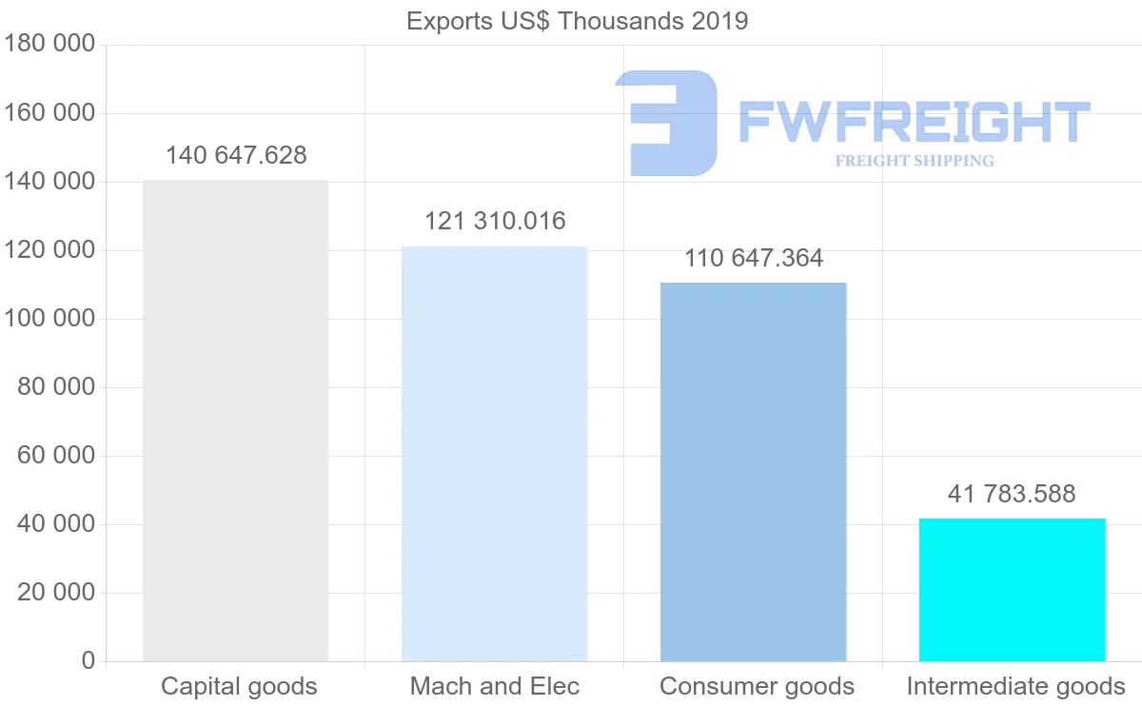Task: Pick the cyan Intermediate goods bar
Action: point(1012,590)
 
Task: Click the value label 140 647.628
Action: point(236,155)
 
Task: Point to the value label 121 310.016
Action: point(495,222)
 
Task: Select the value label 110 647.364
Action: point(754,258)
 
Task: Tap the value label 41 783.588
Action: point(1012,494)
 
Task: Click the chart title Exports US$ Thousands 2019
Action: point(578,21)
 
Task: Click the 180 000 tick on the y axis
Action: point(50,45)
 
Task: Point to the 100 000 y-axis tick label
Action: point(50,319)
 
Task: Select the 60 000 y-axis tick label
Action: point(57,456)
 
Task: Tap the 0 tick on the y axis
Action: point(89,661)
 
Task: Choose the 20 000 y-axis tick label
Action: point(57,593)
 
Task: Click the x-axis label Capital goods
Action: point(239,686)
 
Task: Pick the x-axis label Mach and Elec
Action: point(495,686)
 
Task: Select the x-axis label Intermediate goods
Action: point(1015,686)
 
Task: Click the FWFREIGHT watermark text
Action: point(914,123)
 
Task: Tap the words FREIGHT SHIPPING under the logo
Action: point(915,161)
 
